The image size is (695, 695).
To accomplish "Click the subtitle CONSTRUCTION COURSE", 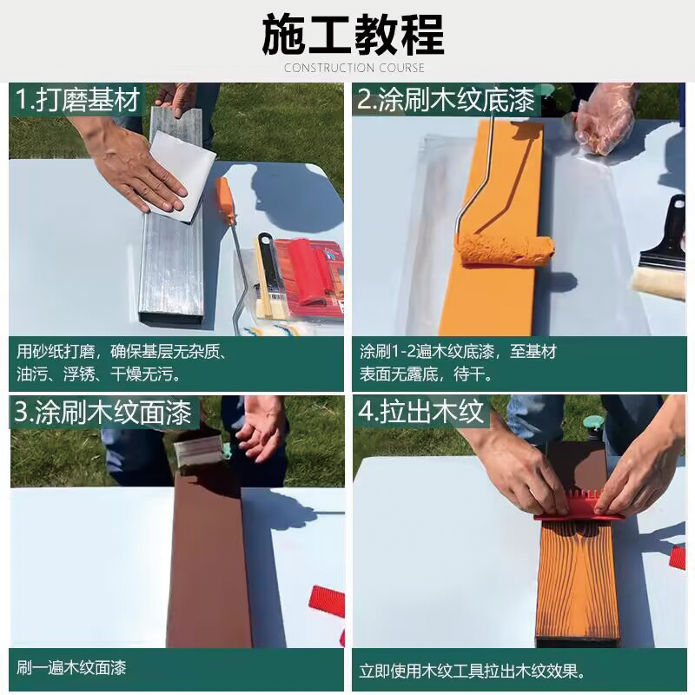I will (x=354, y=68).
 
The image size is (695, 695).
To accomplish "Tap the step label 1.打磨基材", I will (x=78, y=101).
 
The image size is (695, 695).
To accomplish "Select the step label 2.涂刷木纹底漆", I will (x=445, y=101).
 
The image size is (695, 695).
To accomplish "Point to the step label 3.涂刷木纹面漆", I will (x=102, y=412).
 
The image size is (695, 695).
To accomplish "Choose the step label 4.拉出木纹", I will (x=420, y=412).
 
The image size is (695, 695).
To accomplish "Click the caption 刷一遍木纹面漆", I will (x=71, y=667).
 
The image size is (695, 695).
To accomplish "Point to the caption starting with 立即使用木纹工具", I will (x=472, y=671).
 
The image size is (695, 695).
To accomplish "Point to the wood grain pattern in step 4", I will (x=577, y=582).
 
